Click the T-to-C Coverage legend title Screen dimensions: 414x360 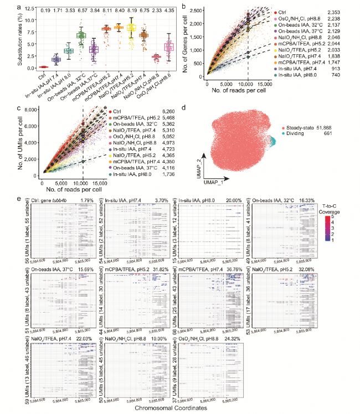[339, 208]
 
